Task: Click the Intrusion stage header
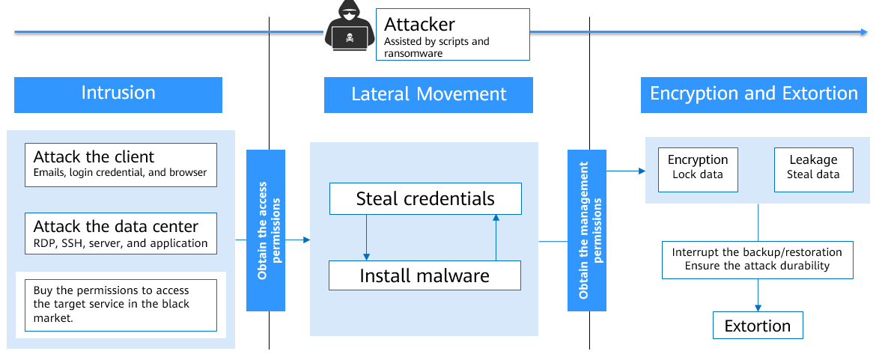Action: click(118, 94)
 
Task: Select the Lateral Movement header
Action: click(428, 95)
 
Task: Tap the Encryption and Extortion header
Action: click(753, 94)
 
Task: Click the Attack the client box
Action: click(121, 165)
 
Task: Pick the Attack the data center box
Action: click(121, 234)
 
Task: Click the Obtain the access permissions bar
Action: click(266, 231)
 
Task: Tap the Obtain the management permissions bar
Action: click(587, 231)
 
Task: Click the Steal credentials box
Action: click(425, 199)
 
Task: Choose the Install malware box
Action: click(425, 275)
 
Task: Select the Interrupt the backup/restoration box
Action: click(757, 259)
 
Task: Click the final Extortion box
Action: click(757, 326)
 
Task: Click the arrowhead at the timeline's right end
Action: click(863, 32)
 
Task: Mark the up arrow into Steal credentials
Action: click(496, 219)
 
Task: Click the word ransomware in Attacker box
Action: click(413, 54)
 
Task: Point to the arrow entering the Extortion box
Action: click(758, 305)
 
